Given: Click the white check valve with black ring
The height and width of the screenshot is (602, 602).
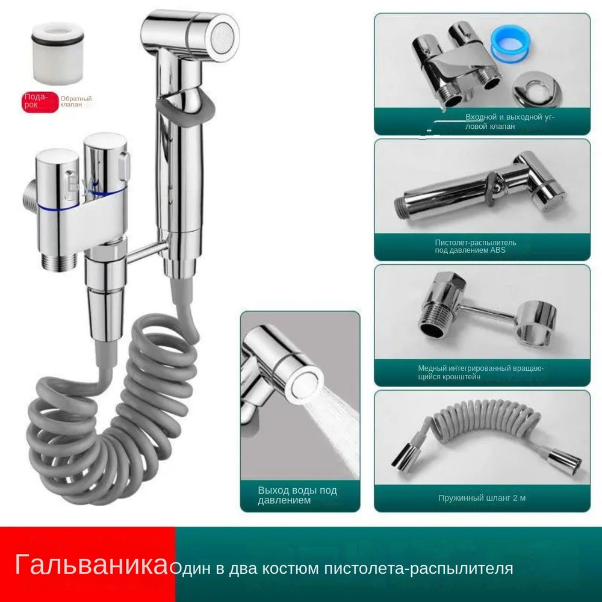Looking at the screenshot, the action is (58, 53).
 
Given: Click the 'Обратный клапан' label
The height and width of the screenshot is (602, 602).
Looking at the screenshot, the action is (76, 102).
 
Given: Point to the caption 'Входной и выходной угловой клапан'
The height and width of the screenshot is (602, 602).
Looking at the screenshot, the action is (509, 122).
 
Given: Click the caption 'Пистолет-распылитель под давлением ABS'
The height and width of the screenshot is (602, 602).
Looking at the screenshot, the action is (476, 246).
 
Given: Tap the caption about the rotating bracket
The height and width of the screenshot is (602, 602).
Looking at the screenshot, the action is (480, 373).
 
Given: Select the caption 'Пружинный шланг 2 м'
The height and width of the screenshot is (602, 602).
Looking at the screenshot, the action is (482, 498).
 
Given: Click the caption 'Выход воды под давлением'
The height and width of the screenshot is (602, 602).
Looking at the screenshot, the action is (297, 495).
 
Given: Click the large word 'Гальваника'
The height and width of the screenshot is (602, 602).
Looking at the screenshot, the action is (92, 564).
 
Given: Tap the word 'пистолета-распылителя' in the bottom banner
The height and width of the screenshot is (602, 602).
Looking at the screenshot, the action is (418, 569).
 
